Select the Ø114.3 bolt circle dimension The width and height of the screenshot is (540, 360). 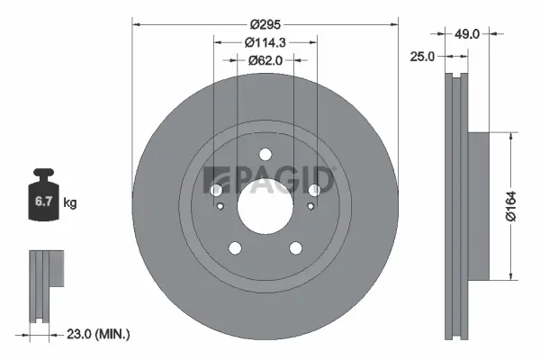(x=265, y=41)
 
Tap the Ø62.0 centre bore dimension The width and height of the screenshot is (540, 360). (x=265, y=60)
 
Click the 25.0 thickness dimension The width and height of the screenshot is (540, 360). (x=422, y=56)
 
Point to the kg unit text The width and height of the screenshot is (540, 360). (x=70, y=203)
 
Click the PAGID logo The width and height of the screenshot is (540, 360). (x=270, y=179)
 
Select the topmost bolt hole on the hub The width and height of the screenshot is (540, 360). (x=265, y=153)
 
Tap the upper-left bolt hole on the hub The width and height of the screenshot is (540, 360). (x=217, y=190)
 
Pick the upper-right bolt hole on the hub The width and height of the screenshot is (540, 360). (x=314, y=190)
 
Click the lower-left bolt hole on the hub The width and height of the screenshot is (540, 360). (x=236, y=248)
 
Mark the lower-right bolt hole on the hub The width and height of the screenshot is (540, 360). (x=295, y=248)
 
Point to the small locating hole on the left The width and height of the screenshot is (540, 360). (x=221, y=208)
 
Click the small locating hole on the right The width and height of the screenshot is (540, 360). (x=310, y=208)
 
